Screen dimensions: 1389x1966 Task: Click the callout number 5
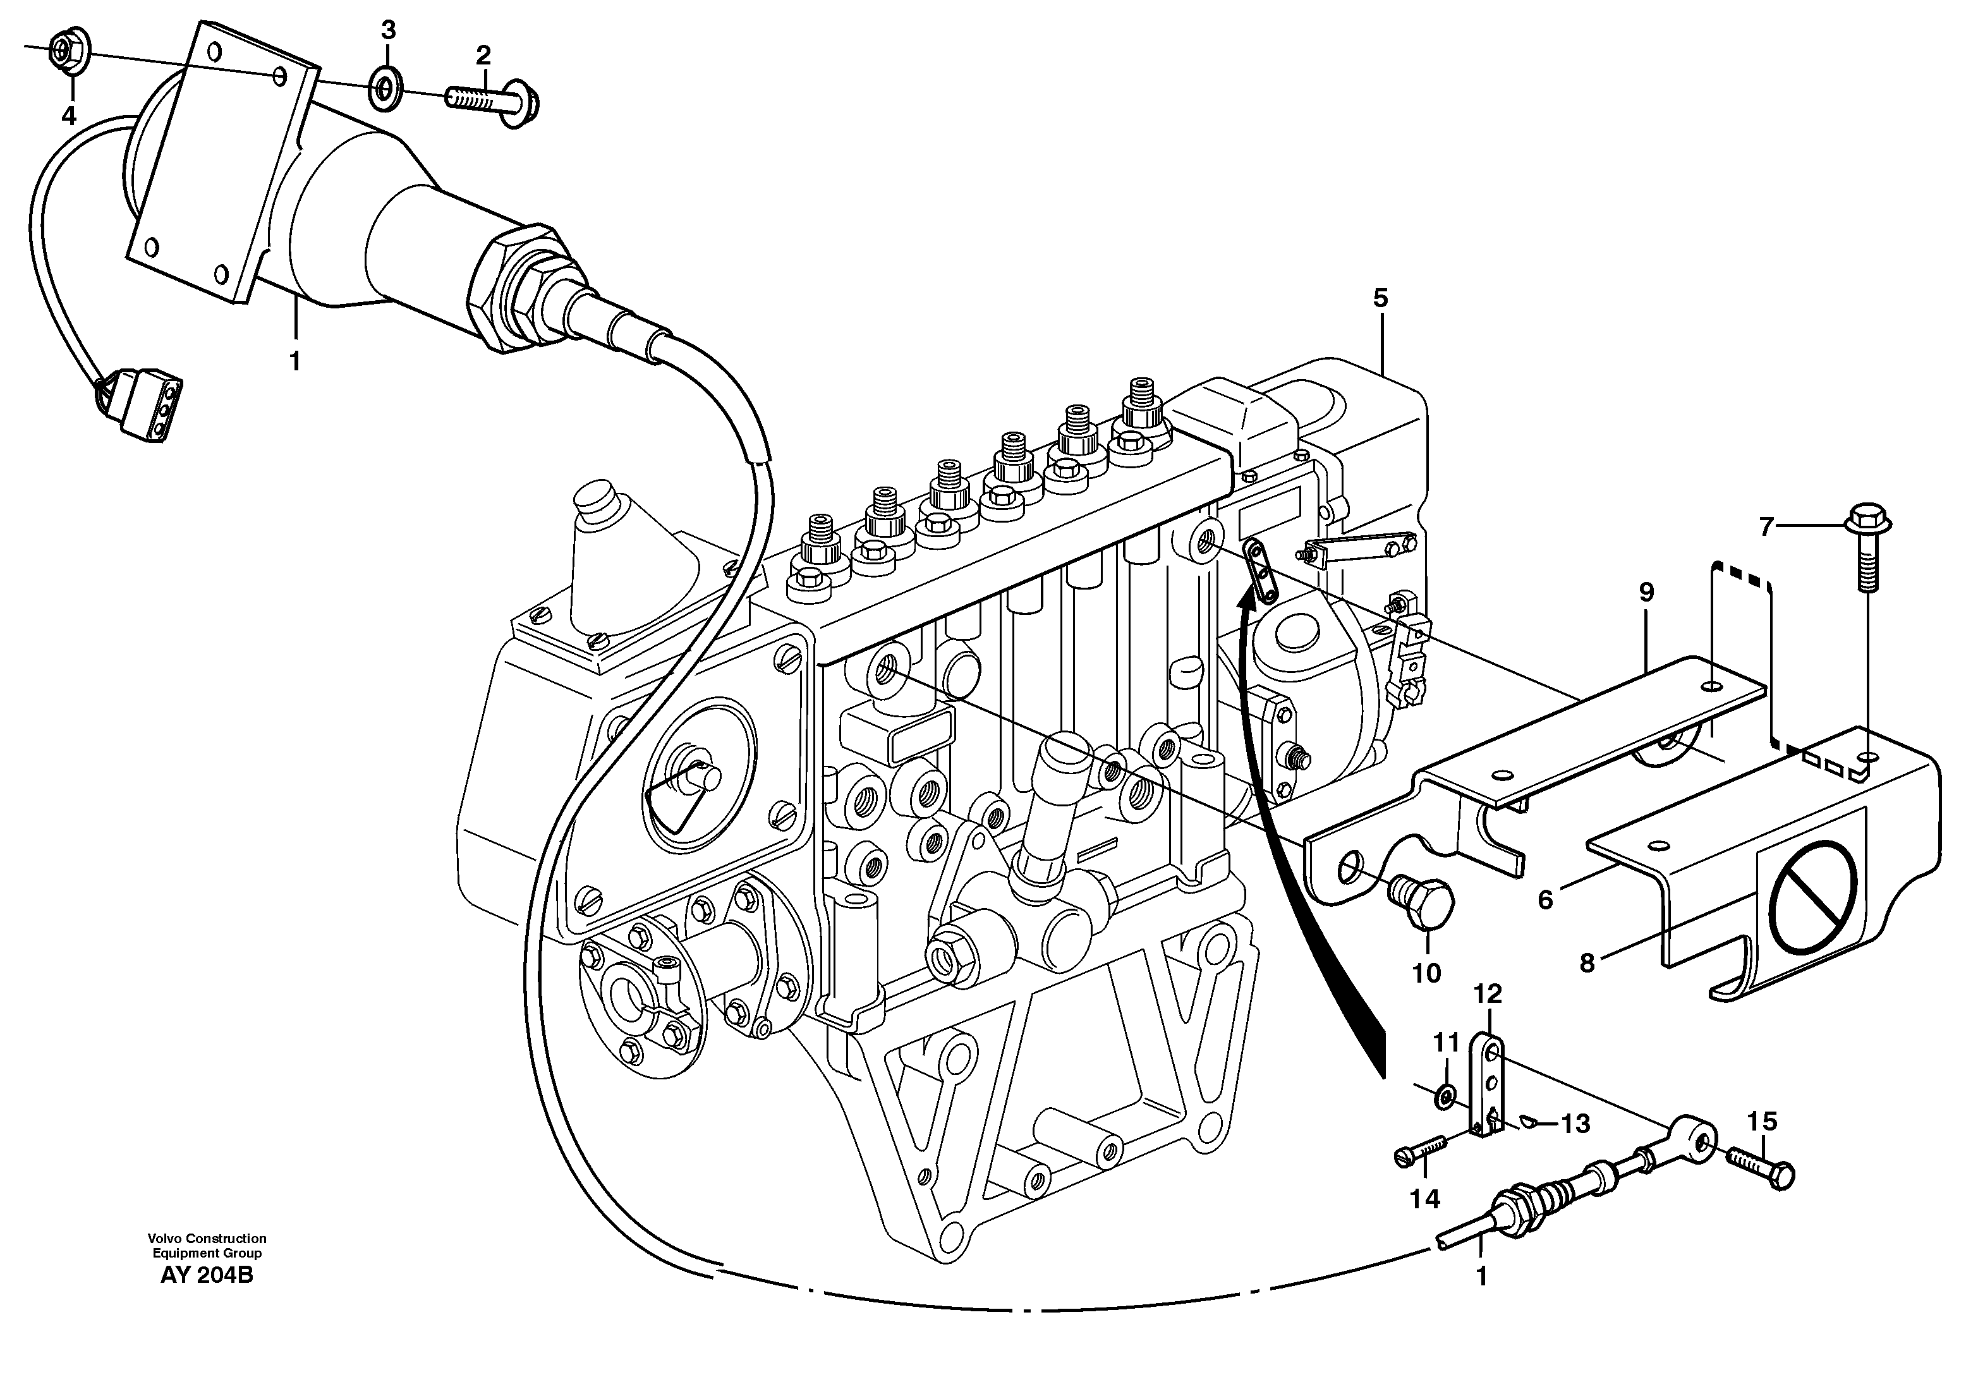[1380, 299]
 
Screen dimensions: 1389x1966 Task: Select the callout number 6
[1544, 900]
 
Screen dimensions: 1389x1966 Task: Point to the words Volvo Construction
[207, 1238]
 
